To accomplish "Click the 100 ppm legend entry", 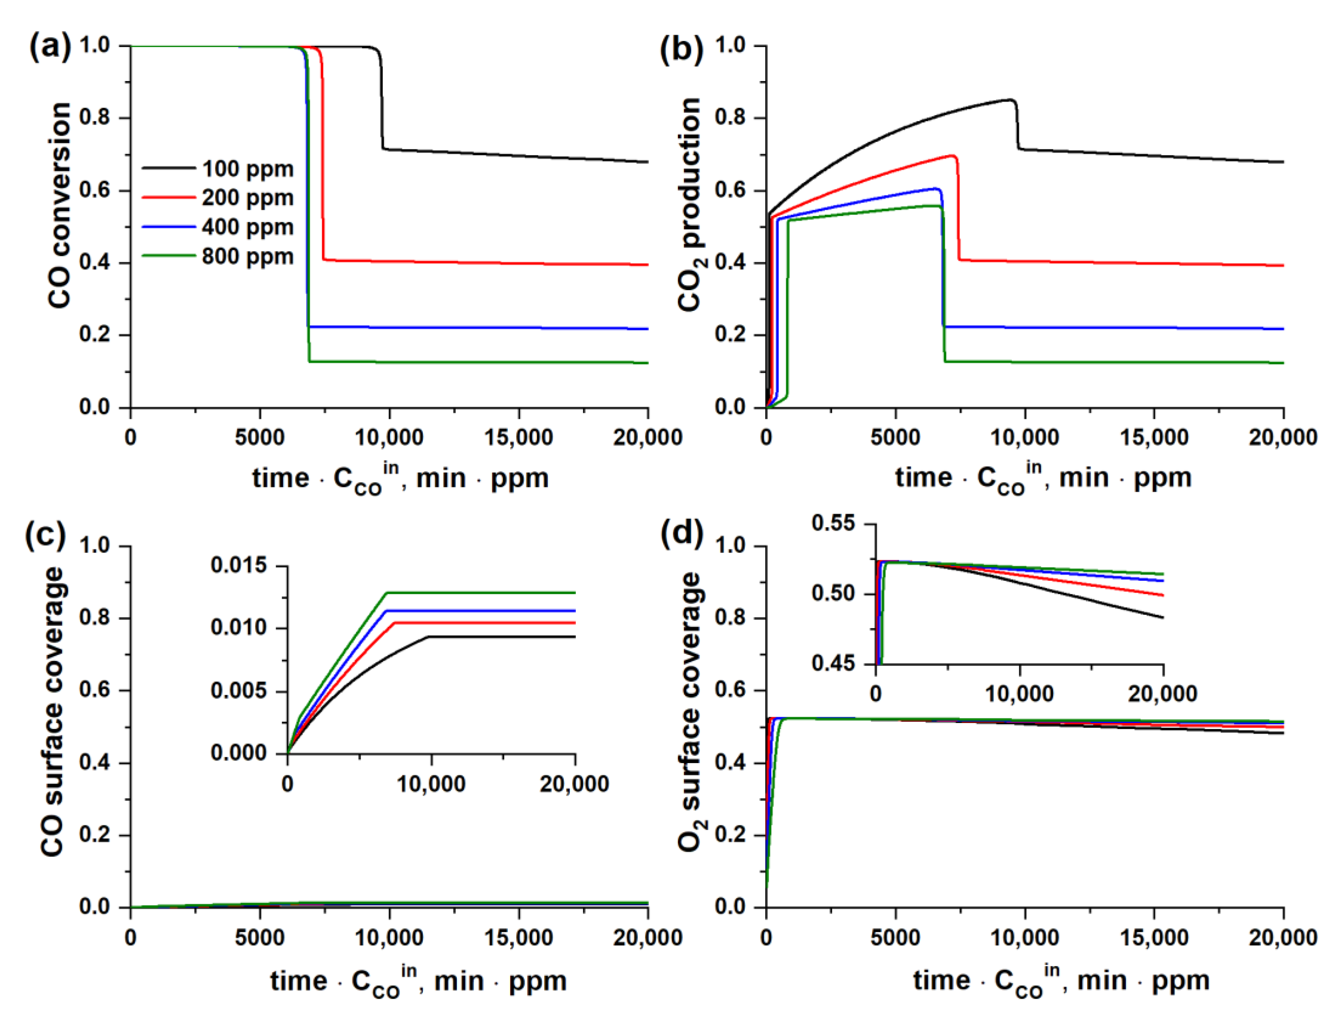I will [x=247, y=169].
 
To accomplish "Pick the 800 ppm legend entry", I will [x=247, y=257].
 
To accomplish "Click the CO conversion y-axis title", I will [x=59, y=205].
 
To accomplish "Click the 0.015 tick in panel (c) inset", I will [x=238, y=565].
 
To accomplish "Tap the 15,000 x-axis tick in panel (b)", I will [x=1154, y=437].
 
